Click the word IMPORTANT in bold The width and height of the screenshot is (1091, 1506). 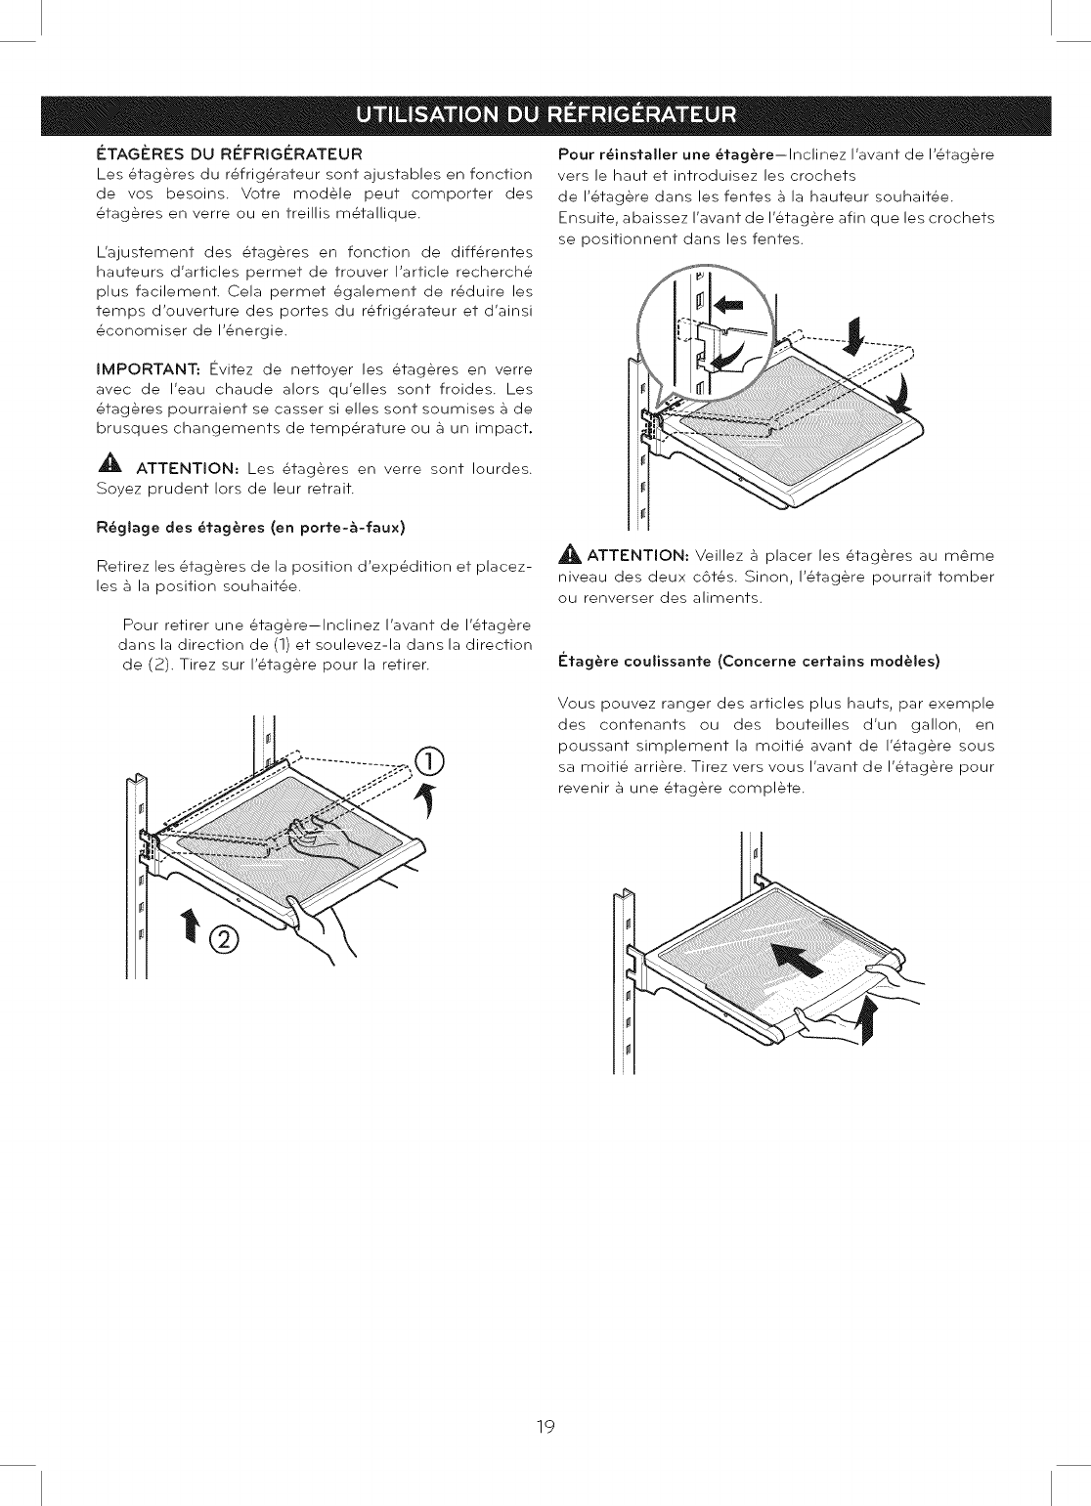[x=148, y=369]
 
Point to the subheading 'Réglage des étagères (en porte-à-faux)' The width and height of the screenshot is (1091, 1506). [x=250, y=528]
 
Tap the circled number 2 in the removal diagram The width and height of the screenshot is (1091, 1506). [x=224, y=939]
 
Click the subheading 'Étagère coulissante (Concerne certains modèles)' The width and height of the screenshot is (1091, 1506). [x=748, y=662]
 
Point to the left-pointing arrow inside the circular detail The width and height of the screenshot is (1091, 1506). [x=724, y=304]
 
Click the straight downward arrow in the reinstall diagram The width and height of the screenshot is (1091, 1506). [x=854, y=334]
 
